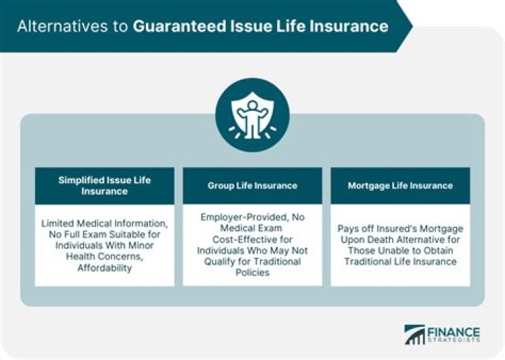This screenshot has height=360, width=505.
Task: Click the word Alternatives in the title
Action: click(x=62, y=26)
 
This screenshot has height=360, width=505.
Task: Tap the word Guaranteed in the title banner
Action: click(x=180, y=26)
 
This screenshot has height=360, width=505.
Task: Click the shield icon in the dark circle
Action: click(x=252, y=115)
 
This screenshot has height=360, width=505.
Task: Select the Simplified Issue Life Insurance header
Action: click(x=105, y=186)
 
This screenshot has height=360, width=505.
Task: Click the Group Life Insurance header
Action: click(x=252, y=186)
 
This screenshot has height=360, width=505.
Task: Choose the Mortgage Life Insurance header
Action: click(x=400, y=186)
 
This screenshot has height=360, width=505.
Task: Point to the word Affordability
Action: click(x=105, y=268)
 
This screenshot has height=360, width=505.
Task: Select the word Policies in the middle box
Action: click(x=252, y=272)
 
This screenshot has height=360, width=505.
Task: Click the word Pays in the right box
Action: click(x=347, y=229)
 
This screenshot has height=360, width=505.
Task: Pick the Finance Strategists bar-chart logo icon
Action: click(x=415, y=335)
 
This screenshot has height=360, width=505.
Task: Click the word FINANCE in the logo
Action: click(x=454, y=332)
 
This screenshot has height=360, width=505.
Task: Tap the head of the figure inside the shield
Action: click(x=252, y=105)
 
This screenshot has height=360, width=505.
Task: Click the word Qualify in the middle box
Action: click(x=219, y=261)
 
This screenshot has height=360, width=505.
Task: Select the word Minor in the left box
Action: click(x=141, y=246)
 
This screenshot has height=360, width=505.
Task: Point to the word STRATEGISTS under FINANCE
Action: click(x=454, y=340)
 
